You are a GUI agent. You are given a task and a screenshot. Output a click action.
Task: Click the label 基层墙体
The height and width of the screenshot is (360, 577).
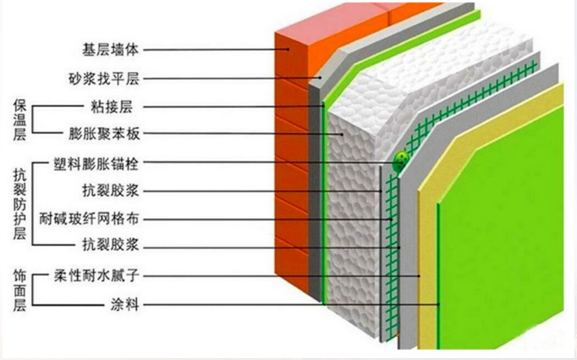[x=110, y=50]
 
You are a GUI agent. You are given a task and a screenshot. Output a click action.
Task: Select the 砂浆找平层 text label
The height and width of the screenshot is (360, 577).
[x=104, y=79]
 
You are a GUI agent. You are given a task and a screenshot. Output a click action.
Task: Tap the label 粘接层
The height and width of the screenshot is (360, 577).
[x=112, y=107]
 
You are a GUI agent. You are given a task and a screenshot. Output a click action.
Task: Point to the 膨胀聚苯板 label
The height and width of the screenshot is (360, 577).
[x=104, y=133]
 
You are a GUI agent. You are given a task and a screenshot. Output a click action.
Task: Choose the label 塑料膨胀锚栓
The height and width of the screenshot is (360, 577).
[x=96, y=162]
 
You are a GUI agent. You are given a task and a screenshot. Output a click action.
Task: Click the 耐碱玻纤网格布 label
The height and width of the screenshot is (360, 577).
[x=89, y=219]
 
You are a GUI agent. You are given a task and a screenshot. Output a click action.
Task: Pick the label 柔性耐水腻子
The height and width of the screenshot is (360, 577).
[x=96, y=276]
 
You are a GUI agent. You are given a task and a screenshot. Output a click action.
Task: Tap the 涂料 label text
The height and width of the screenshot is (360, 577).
[x=125, y=305]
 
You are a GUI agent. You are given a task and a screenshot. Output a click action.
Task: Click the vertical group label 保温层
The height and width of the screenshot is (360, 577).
[x=20, y=120]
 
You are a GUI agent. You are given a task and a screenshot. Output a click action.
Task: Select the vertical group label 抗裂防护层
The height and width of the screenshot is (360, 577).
[x=20, y=204]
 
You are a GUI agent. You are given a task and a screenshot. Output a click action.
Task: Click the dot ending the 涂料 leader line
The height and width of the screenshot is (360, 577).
[x=439, y=305]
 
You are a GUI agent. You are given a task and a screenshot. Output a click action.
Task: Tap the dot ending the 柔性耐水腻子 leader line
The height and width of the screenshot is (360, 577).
[x=419, y=276]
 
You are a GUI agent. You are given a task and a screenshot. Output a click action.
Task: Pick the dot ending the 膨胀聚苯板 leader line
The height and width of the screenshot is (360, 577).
[x=342, y=134]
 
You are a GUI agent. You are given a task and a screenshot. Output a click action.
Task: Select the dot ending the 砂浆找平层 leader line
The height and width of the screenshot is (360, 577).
[x=321, y=78]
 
